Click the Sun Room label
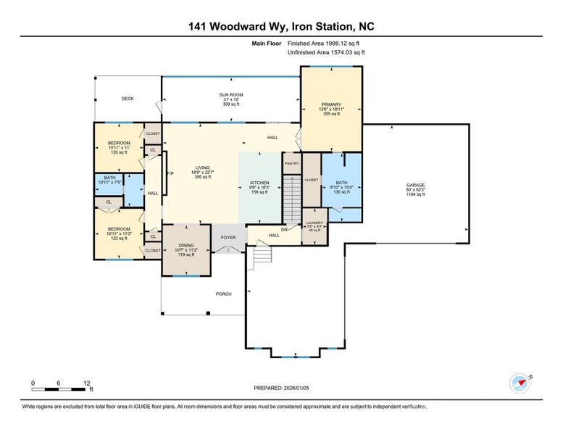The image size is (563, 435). point(230,95)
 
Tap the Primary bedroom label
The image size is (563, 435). point(331,105)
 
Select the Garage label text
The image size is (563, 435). point(415,185)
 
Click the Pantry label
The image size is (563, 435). point(291,164)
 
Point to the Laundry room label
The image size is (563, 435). point(314,223)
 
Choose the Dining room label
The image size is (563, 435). point(186,246)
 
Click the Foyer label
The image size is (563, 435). point(228,237)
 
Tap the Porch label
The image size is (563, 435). point(224,294)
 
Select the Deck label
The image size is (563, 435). point(128,99)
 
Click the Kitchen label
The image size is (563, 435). point(259,183)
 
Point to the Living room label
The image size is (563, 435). point(201,167)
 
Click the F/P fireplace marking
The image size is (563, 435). point(170,173)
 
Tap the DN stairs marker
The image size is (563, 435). point(285,229)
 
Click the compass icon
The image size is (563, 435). point(520,382)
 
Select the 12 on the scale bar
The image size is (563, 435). point(86,382)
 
